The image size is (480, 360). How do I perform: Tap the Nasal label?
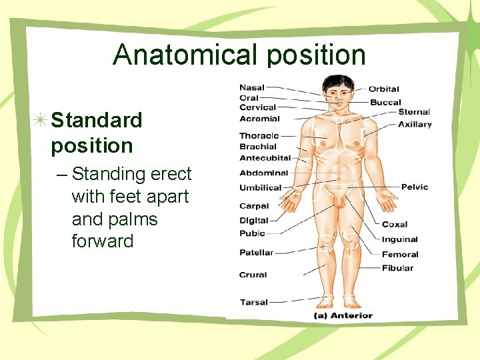pyautogui.click(x=252, y=87)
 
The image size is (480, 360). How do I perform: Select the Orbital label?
pyautogui.click(x=383, y=89)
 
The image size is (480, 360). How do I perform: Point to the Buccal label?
pyautogui.click(x=385, y=103)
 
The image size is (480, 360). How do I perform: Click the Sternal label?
pyautogui.click(x=414, y=112)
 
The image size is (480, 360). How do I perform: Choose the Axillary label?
pyautogui.click(x=415, y=124)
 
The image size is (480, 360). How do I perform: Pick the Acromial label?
pyautogui.click(x=259, y=119)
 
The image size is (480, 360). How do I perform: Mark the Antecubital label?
pyautogui.click(x=265, y=158)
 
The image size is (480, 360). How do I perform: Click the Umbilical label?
pyautogui.click(x=260, y=187)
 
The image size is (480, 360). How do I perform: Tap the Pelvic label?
pyautogui.click(x=415, y=187)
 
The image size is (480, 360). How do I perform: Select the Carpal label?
pyautogui.click(x=254, y=207)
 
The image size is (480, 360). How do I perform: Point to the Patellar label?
pyautogui.click(x=256, y=253)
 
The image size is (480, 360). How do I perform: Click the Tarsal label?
pyautogui.click(x=253, y=302)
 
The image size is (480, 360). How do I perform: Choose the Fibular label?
pyautogui.click(x=397, y=268)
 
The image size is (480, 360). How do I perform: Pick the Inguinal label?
pyautogui.click(x=399, y=239)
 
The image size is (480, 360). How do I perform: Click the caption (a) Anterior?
pyautogui.click(x=343, y=315)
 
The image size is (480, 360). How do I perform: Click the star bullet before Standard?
pyautogui.click(x=41, y=121)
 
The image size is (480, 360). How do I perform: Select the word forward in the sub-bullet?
pyautogui.click(x=103, y=241)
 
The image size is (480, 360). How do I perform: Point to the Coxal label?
pyautogui.click(x=394, y=225)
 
